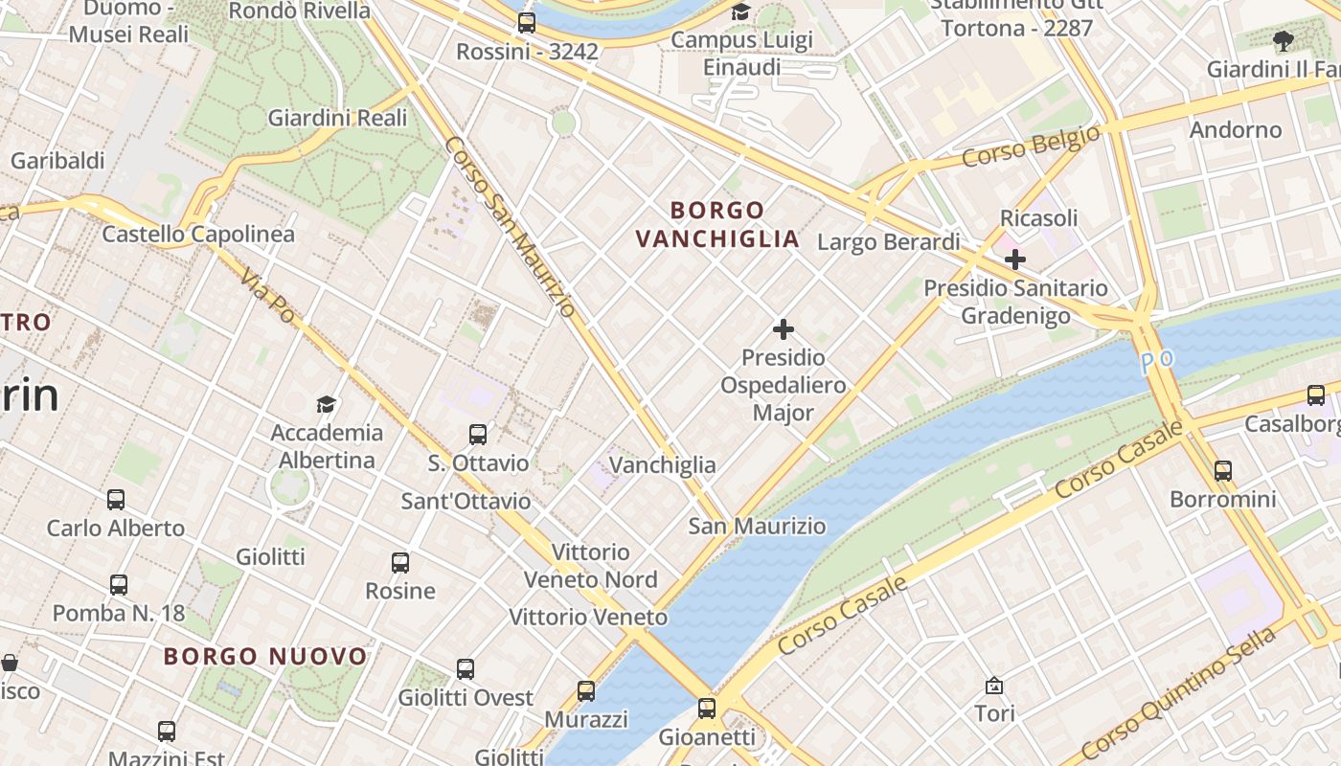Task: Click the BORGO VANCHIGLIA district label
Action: (717, 224)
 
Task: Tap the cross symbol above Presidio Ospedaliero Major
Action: (784, 329)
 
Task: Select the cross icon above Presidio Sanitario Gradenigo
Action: (1015, 259)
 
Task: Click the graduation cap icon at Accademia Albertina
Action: (327, 404)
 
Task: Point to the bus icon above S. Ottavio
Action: (478, 435)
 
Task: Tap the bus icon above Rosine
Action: (400, 563)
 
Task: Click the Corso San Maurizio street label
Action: (510, 226)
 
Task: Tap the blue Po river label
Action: (1156, 363)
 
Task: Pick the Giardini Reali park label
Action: (337, 118)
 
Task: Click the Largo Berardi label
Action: (888, 241)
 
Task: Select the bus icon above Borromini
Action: (1223, 470)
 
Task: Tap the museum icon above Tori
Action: (994, 686)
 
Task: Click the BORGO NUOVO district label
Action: (265, 656)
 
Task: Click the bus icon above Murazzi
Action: (586, 690)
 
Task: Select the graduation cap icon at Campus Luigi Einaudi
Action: (741, 11)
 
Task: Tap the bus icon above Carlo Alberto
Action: (116, 499)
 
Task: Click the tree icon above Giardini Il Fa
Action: (1284, 40)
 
